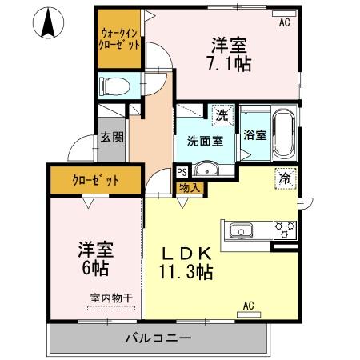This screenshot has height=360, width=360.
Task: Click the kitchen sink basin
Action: (x=239, y=232)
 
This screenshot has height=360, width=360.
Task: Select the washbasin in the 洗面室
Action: (x=206, y=170)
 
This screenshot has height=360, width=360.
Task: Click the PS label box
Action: (x=182, y=171)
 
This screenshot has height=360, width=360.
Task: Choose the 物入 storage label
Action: (x=189, y=187)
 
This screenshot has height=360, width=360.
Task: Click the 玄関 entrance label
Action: (x=111, y=137)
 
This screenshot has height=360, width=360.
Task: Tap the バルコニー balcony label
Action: (x=158, y=337)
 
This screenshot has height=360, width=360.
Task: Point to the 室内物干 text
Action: (x=111, y=298)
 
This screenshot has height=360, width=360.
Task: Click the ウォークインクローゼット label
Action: (x=120, y=39)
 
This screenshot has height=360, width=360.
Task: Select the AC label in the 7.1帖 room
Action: (x=283, y=22)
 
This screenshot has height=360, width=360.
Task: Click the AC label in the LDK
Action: (x=248, y=305)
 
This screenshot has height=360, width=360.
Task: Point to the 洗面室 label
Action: (x=205, y=141)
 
